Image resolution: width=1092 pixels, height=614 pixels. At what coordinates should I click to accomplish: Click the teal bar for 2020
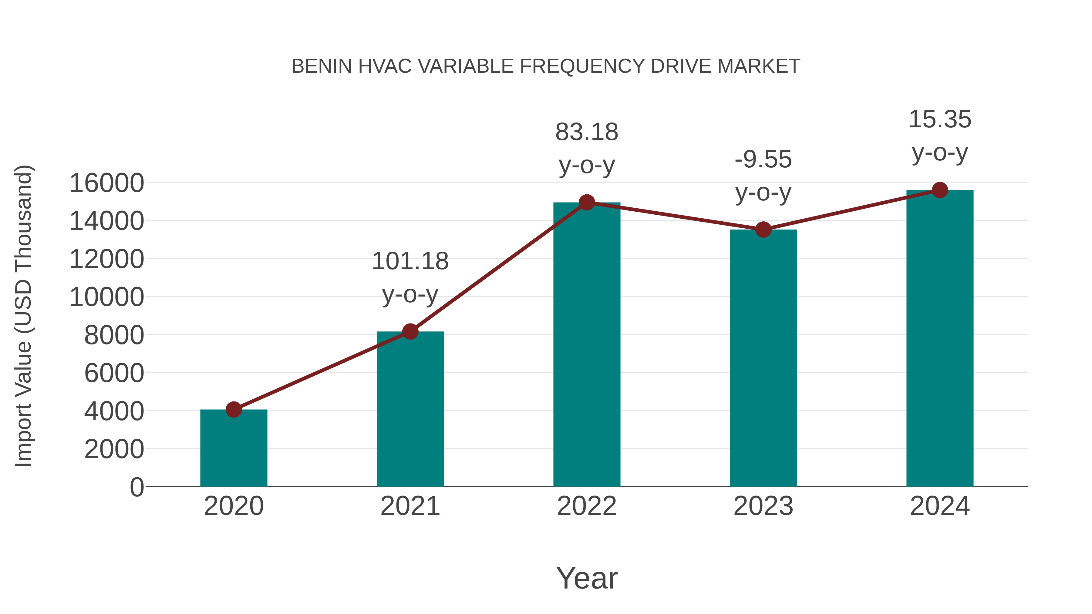(234, 449)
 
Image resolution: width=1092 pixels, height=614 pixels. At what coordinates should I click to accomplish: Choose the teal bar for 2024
(940, 339)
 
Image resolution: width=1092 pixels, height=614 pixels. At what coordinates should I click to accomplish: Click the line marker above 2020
(234, 410)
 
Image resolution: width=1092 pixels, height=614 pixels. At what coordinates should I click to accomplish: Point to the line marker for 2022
(587, 203)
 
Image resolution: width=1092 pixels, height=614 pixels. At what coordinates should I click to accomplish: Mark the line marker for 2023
(763, 230)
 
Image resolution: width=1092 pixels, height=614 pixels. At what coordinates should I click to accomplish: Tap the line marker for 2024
(940, 190)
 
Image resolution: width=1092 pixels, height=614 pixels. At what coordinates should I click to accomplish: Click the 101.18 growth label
(410, 261)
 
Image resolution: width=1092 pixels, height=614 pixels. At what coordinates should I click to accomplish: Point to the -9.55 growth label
(763, 160)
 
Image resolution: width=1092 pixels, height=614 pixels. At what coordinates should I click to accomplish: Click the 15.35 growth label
(940, 119)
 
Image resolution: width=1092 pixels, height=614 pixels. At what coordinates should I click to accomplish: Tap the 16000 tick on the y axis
(106, 183)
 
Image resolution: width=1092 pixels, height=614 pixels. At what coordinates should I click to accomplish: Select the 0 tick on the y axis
(136, 487)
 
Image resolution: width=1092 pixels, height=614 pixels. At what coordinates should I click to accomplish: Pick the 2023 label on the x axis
(763, 506)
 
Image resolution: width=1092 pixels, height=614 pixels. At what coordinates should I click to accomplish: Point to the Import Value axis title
(24, 316)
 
